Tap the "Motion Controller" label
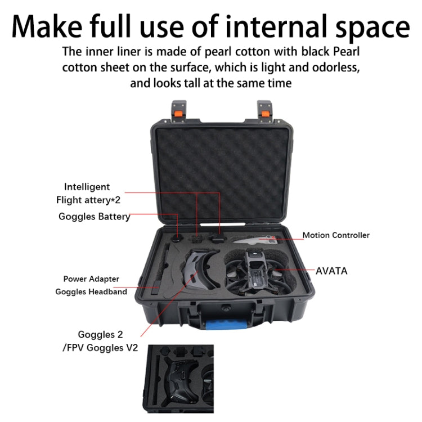(336, 235)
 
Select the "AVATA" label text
(331, 271)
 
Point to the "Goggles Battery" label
(94, 217)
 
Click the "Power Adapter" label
(91, 279)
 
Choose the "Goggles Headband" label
(91, 291)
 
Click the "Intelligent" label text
(87, 186)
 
